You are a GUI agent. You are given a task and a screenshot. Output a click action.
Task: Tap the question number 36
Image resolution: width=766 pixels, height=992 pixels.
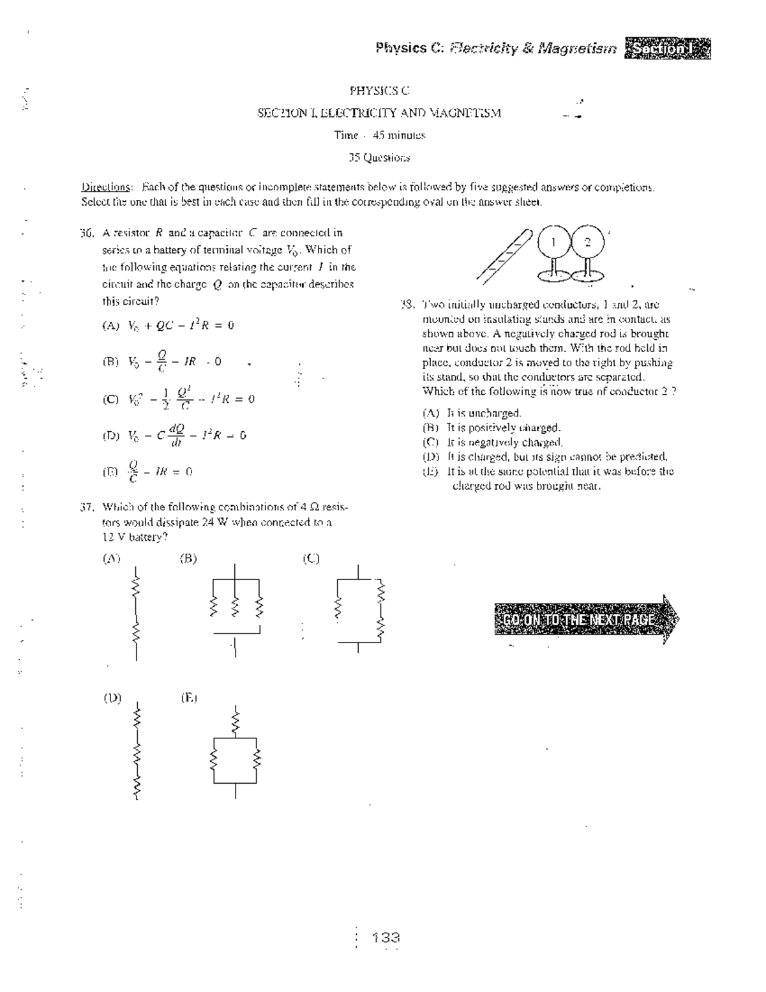point(87,233)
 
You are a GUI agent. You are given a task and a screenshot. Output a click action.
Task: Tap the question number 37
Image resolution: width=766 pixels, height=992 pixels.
point(87,507)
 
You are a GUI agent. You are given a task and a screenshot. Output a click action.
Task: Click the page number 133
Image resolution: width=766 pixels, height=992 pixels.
point(386,938)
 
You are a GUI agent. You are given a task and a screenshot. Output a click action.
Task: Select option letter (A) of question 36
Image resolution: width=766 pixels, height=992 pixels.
point(110,325)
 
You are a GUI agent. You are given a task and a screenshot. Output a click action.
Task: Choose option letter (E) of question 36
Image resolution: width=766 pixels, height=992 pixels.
point(110,472)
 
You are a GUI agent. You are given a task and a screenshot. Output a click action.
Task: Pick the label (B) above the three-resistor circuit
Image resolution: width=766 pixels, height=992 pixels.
point(188,558)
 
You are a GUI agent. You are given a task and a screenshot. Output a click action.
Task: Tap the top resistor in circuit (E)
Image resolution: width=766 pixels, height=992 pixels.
point(236,722)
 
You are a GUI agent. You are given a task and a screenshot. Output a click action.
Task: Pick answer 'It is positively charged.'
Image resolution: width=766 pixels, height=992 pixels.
point(503,427)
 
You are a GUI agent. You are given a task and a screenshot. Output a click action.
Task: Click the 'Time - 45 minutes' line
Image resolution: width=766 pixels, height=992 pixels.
point(379,135)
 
